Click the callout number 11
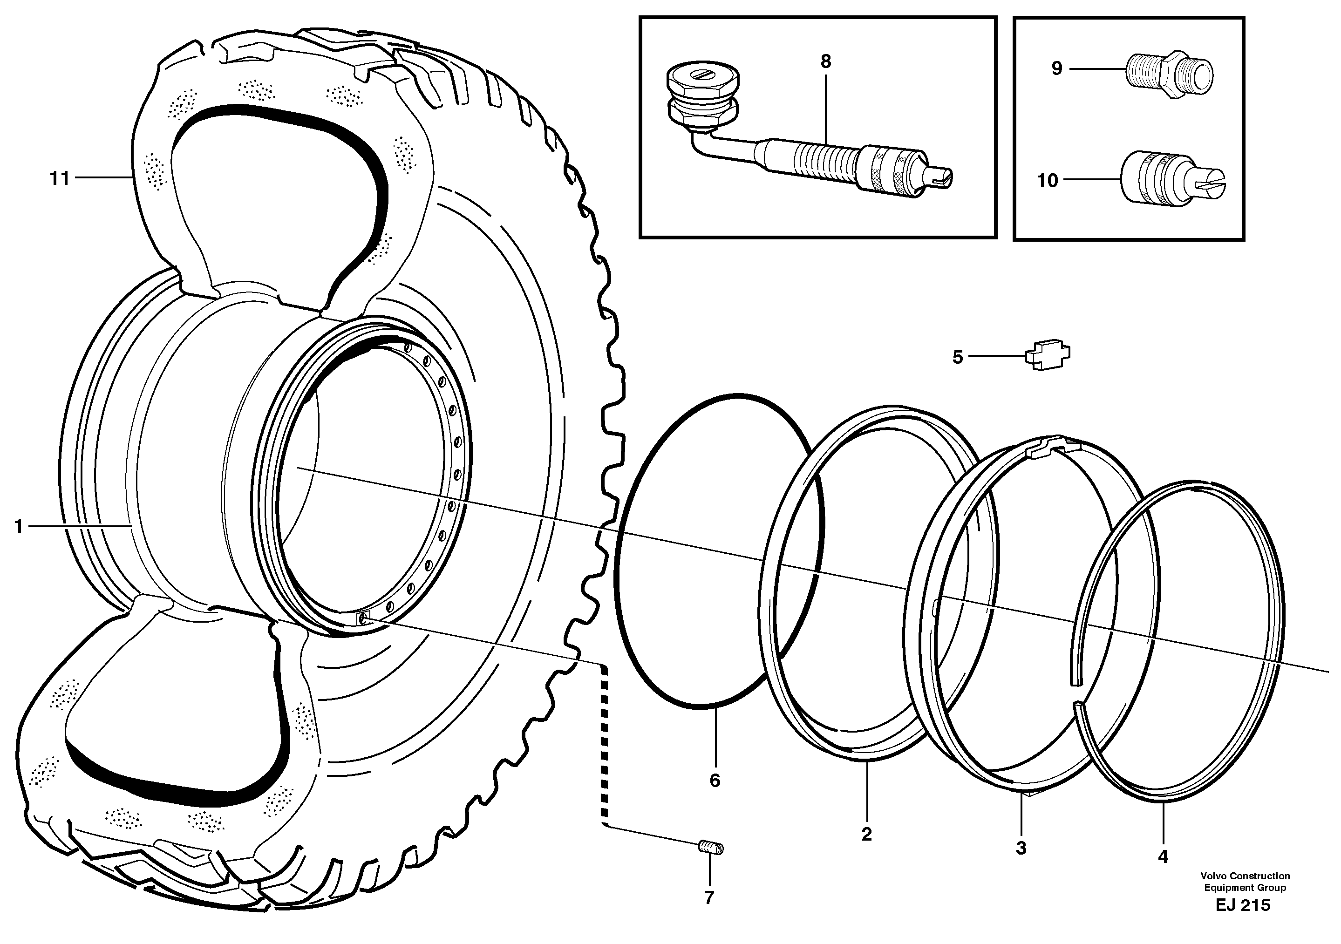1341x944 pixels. [x=59, y=179]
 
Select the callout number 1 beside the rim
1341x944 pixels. [x=19, y=527]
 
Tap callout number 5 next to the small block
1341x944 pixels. [x=957, y=357]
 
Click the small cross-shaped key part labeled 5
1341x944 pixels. [x=1048, y=355]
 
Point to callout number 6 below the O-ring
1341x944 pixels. [x=715, y=781]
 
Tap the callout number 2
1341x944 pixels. [x=866, y=834]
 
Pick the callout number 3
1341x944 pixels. [x=1021, y=848]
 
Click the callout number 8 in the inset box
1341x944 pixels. [x=825, y=62]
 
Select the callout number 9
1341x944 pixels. [x=1056, y=69]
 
